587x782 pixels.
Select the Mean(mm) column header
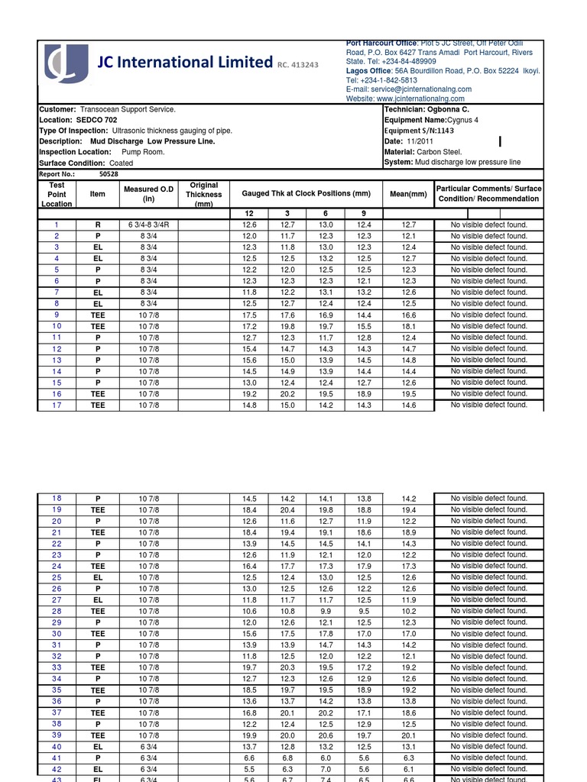408,194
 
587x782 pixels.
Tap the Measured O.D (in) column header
148,194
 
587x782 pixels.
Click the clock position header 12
249,213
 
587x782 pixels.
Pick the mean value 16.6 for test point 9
408,315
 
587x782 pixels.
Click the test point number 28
57,611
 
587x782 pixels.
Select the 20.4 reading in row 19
287,509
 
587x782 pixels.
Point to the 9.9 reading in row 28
326,611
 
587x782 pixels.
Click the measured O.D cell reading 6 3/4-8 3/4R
148,225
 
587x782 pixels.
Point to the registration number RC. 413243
298,66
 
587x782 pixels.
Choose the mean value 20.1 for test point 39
408,735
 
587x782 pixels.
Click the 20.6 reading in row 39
326,735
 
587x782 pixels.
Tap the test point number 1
57,225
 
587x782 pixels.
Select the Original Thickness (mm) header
204,194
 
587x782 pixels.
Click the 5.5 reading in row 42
249,769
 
